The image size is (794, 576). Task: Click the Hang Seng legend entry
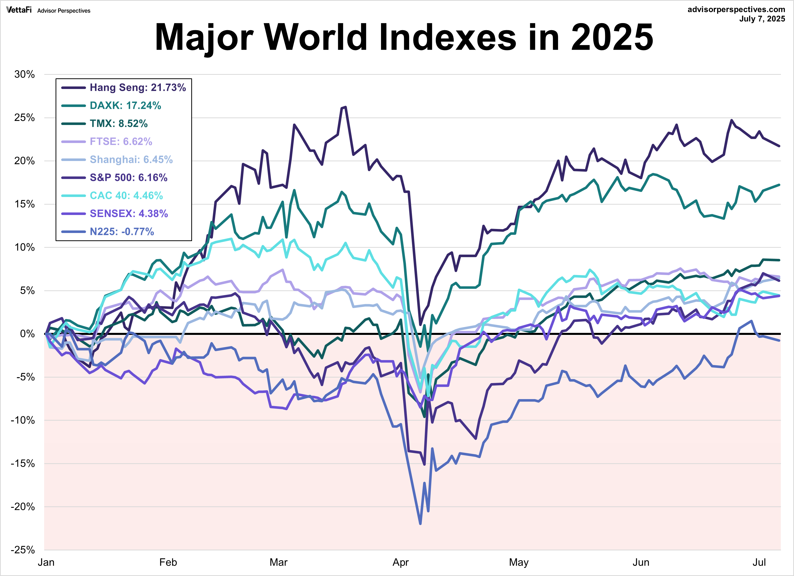click(x=137, y=87)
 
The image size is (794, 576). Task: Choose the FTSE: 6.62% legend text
click(x=121, y=141)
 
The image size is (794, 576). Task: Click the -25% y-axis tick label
click(x=23, y=549)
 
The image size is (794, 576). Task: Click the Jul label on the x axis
click(x=759, y=562)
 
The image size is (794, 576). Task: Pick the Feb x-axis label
click(x=168, y=562)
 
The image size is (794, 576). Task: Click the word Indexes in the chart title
click(x=447, y=37)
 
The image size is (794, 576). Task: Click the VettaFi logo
click(x=19, y=10)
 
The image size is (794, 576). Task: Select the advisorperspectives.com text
click(x=736, y=9)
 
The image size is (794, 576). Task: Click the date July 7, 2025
click(x=762, y=19)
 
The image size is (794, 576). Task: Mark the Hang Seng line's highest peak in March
click(x=345, y=107)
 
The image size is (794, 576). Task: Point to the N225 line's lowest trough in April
click(x=420, y=524)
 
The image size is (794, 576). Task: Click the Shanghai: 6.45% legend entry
click(x=131, y=159)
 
